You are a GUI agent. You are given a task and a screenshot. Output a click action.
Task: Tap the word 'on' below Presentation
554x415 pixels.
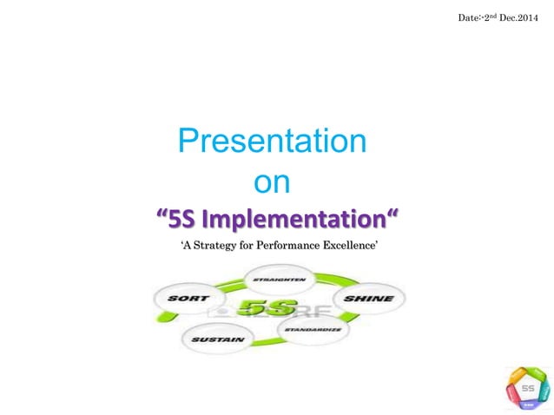click(x=270, y=182)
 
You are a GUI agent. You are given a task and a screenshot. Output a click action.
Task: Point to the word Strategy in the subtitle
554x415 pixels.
click(x=221, y=247)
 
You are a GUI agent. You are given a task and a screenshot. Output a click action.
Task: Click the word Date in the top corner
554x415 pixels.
click(x=467, y=18)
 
